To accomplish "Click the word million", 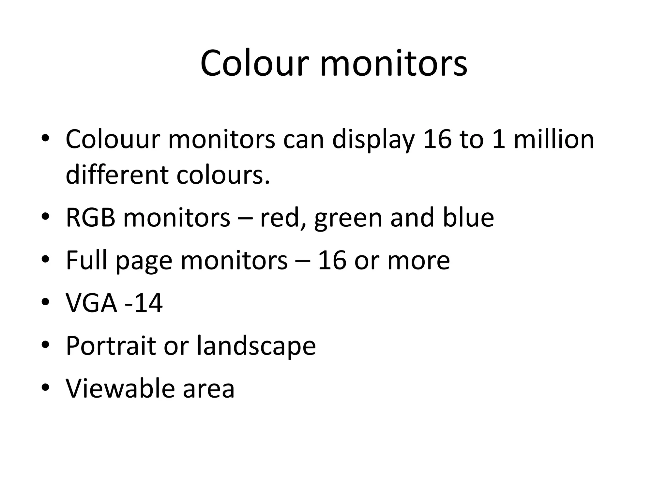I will click(554, 139).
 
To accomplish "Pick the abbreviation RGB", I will click(91, 218).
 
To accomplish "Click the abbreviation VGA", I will click(91, 303).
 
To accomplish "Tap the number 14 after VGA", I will click(148, 303).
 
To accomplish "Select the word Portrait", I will click(111, 346).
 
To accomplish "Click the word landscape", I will click(256, 346).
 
